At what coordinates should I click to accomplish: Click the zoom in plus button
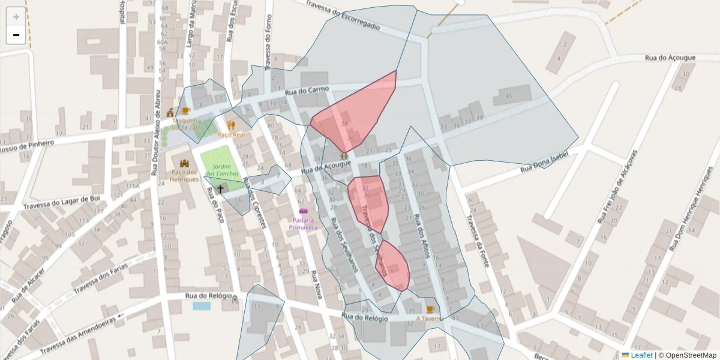(16, 16)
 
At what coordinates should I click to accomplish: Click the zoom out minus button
(16, 35)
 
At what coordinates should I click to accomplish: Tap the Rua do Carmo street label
(307, 91)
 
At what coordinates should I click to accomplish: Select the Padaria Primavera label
(303, 223)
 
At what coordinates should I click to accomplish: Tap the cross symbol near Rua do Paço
(220, 189)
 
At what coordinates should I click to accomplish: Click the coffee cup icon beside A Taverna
(430, 310)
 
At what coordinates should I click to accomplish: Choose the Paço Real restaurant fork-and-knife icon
(232, 125)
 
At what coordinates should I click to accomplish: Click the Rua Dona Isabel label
(544, 161)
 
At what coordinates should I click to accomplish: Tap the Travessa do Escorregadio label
(343, 15)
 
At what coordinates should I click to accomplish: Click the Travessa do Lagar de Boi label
(61, 202)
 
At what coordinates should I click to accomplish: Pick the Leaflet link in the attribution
(641, 355)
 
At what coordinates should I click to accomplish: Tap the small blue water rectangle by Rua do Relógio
(202, 306)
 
